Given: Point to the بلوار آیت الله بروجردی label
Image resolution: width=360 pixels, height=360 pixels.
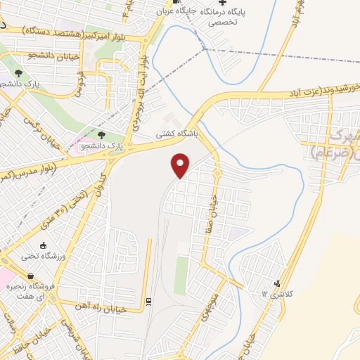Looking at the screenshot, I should tap(143, 85).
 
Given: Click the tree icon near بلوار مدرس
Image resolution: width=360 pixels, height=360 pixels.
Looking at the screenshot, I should tap(102, 134).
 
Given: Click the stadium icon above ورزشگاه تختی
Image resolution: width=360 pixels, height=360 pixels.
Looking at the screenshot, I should tap(44, 245).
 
